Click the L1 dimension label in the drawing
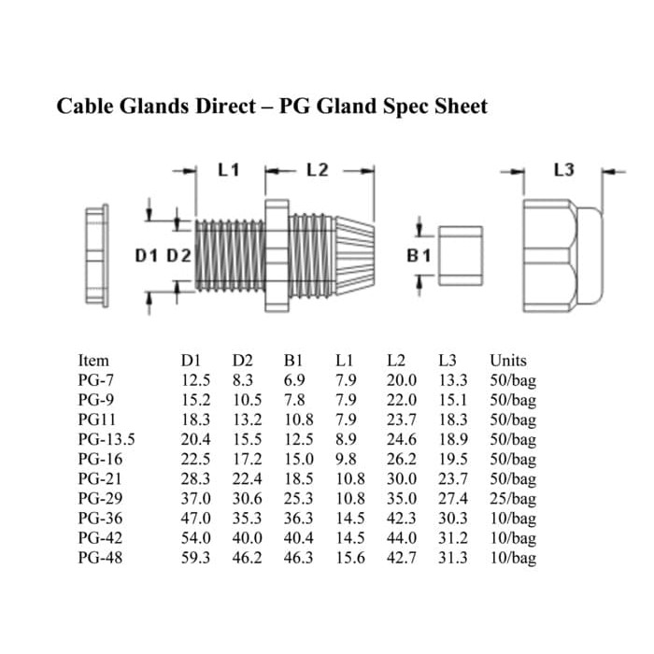point(229,170)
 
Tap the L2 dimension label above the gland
point(318,170)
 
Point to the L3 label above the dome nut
point(564,170)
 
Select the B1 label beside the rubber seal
point(419,256)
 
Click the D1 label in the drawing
point(147,256)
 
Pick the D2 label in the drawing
point(178,256)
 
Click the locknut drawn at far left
point(97,256)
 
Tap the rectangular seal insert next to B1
point(461,256)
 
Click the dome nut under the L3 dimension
point(563,256)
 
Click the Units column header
point(508,361)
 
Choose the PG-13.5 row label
point(107,439)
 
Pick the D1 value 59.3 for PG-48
point(195,558)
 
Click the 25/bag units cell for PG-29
point(513,499)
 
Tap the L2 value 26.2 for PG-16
point(401,459)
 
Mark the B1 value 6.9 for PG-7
point(294,380)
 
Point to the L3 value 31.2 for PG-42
point(453,538)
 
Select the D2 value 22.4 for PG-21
point(247,478)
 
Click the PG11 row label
point(97,419)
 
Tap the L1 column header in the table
point(345,361)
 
